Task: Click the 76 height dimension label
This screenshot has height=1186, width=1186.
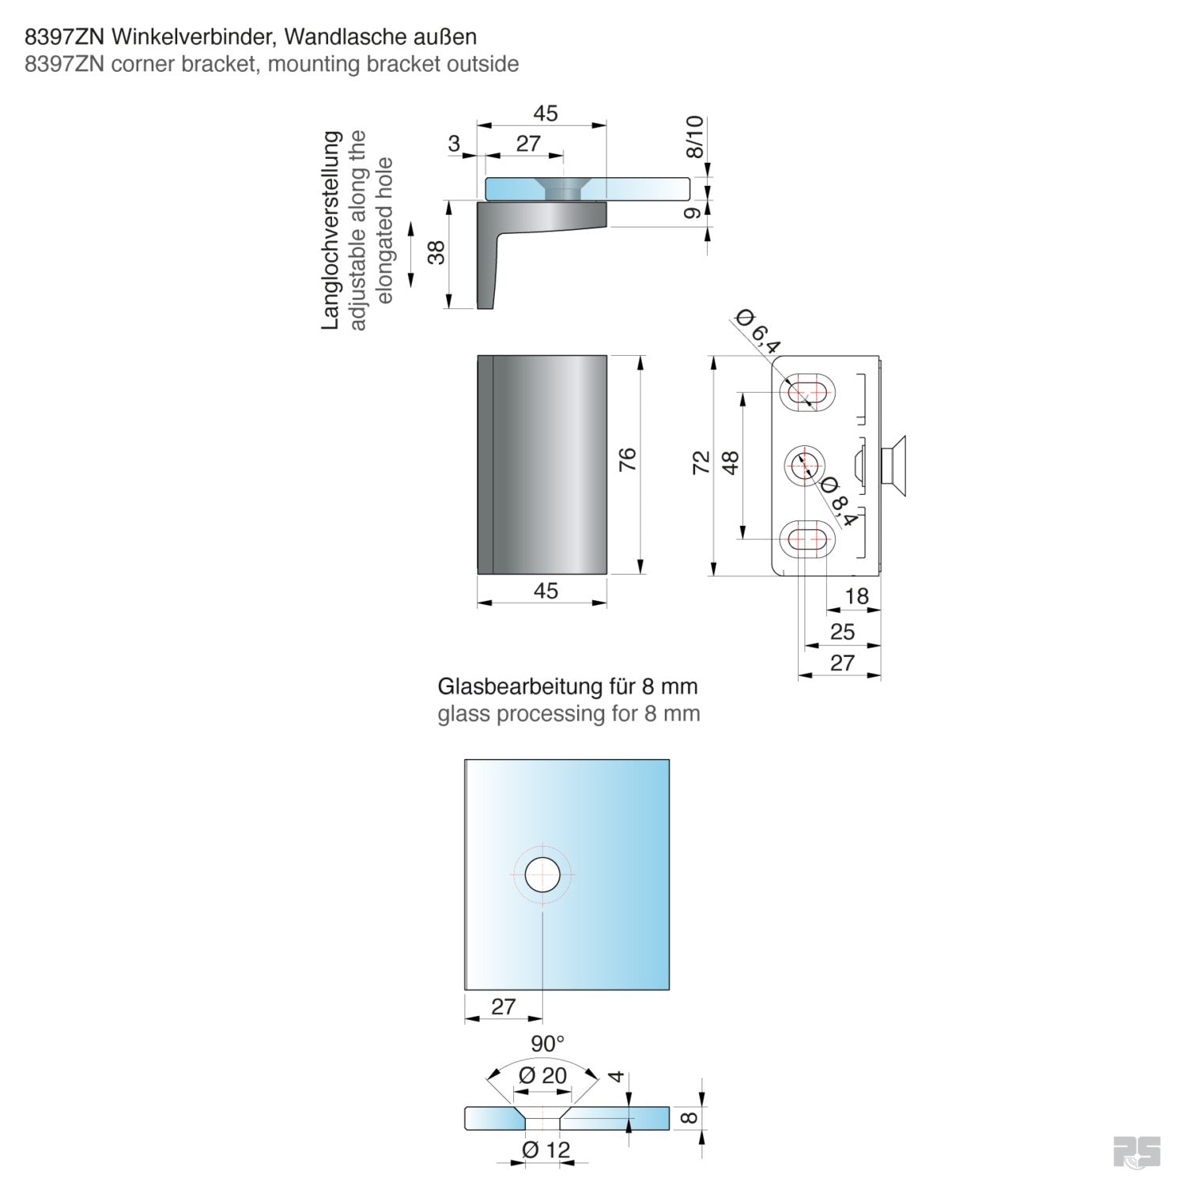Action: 626,459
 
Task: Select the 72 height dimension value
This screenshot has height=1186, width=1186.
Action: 701,463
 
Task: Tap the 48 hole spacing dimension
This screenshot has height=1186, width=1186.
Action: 730,463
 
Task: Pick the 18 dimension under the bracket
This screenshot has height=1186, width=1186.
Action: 857,595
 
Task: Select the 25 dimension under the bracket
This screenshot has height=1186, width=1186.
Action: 842,631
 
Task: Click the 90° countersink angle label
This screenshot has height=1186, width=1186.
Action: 547,1044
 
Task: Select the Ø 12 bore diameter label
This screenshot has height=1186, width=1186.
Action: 546,1149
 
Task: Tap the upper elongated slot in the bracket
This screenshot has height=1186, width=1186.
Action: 806,391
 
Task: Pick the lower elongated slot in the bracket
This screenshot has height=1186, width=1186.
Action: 806,539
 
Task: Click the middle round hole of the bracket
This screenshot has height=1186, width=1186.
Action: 805,465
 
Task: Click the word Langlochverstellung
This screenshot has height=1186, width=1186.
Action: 330,230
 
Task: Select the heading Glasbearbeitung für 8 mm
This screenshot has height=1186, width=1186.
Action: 568,686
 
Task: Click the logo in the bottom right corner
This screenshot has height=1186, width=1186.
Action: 1137,1151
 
